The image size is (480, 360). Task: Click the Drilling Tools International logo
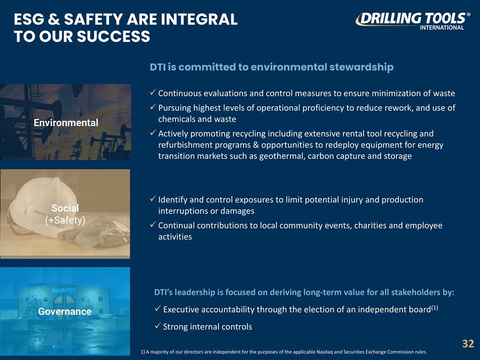point(412,20)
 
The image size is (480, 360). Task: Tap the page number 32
point(467,343)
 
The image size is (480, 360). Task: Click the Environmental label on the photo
point(65,122)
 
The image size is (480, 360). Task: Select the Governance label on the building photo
point(65,311)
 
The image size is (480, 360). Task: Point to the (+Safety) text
point(65,220)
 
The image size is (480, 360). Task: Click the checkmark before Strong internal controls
point(157,326)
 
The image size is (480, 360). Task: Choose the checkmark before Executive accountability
point(157,309)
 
